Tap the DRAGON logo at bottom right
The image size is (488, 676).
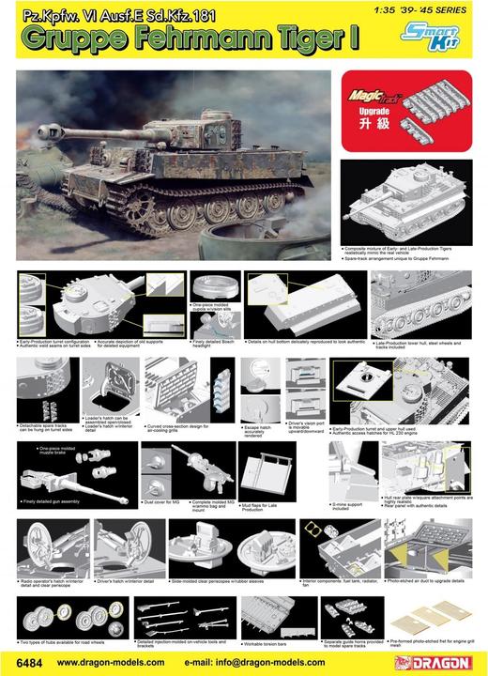tap(442, 661)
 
